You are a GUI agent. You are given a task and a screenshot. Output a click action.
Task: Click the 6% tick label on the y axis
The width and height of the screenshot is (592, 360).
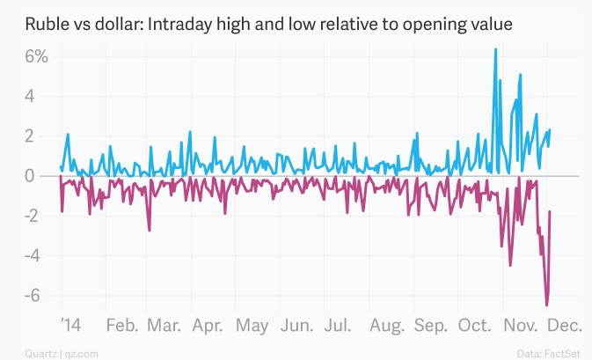36,57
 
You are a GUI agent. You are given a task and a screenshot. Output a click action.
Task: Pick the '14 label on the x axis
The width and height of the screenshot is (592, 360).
68,326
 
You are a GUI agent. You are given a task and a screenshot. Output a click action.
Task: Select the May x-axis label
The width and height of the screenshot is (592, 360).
252,326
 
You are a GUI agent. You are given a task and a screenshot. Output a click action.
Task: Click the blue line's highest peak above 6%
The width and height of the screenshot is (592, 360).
496,49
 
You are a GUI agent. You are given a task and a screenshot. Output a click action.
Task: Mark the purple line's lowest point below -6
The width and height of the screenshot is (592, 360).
546,305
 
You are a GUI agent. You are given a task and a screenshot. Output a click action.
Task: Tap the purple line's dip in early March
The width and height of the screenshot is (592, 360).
150,231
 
